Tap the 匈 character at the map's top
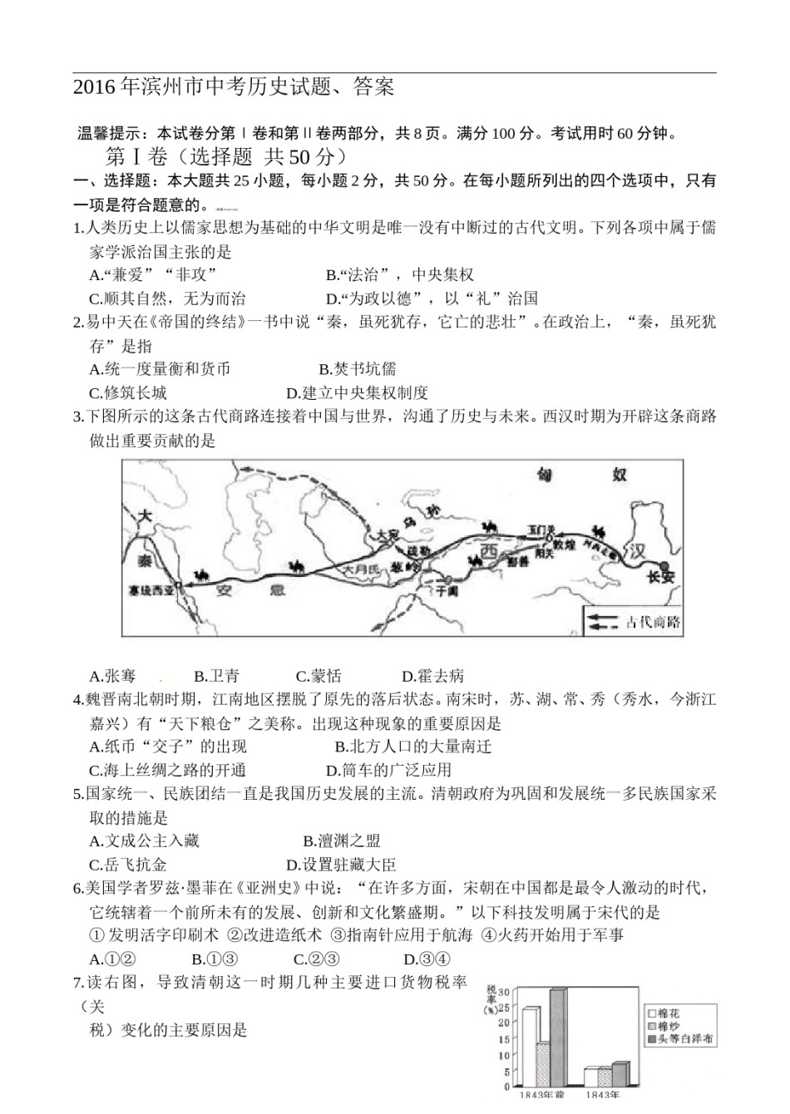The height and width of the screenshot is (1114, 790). tap(545, 476)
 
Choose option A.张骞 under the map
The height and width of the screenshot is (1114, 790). tap(112, 677)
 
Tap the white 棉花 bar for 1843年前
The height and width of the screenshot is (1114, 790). tap(529, 1047)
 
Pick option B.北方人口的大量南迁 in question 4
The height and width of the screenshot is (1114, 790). tap(413, 747)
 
